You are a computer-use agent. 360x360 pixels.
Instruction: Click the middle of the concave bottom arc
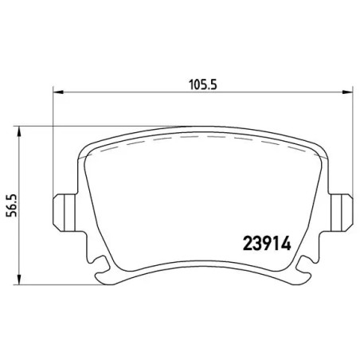pyautogui.click(x=198, y=266)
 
